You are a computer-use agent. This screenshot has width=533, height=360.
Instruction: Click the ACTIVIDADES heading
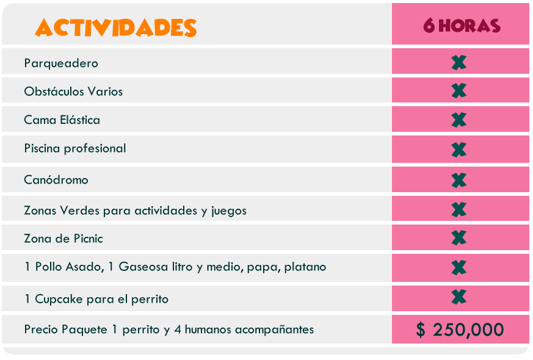pyautogui.click(x=116, y=27)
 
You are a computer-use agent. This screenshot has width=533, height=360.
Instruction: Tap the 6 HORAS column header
pyautogui.click(x=461, y=26)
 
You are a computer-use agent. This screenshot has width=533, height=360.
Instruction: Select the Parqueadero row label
pyautogui.click(x=61, y=63)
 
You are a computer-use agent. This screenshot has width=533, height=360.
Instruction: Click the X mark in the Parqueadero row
pyautogui.click(x=459, y=62)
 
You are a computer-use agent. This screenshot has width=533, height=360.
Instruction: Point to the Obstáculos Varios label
pyautogui.click(x=73, y=92)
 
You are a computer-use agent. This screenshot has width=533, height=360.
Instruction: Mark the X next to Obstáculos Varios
pyautogui.click(x=459, y=91)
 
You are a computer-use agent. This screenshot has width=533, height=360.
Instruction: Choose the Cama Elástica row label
pyautogui.click(x=62, y=120)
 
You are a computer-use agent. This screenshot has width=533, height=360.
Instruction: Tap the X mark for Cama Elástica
pyautogui.click(x=459, y=120)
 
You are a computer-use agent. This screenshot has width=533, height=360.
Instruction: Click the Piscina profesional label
pyautogui.click(x=75, y=148)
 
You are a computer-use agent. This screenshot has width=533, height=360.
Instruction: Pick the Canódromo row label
pyautogui.click(x=56, y=180)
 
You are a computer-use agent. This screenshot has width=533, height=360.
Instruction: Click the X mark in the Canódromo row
pyautogui.click(x=459, y=180)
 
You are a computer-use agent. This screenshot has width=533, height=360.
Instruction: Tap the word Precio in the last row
pyautogui.click(x=41, y=329)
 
